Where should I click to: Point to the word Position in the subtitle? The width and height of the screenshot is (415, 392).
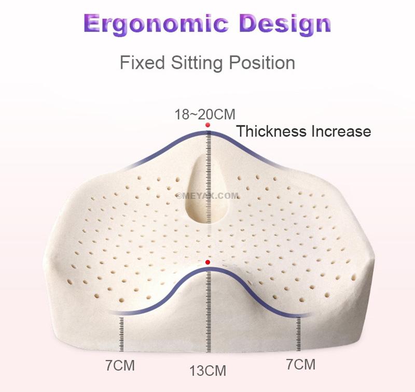262,63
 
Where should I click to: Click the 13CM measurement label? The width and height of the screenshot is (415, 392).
208,371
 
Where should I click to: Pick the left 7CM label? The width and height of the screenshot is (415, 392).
120,365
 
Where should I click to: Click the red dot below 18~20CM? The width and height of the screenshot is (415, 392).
208,125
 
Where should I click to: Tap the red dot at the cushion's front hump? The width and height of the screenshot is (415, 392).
208,263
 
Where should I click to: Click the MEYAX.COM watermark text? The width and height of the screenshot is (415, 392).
208,196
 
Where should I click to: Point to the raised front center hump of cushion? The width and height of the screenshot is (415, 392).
208,290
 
